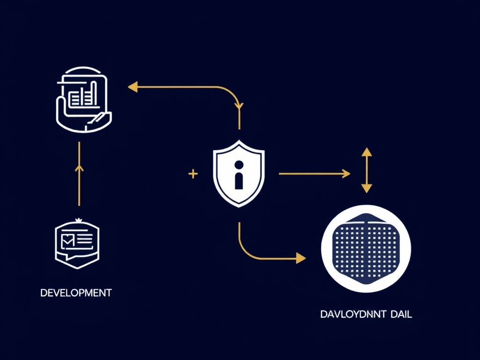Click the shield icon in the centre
(x=239, y=173)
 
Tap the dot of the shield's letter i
(x=239, y=165)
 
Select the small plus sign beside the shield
(x=193, y=174)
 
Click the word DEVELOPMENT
(x=76, y=293)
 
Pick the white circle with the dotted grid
(x=366, y=248)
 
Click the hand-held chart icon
(x=83, y=98)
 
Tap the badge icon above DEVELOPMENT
(x=77, y=244)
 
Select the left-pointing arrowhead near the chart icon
(x=133, y=86)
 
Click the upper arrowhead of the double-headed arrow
(x=367, y=152)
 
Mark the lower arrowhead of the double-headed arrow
(x=367, y=188)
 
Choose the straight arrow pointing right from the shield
(x=314, y=174)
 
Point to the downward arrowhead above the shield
(x=240, y=106)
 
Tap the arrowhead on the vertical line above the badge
(x=79, y=167)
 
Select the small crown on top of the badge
(x=78, y=219)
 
